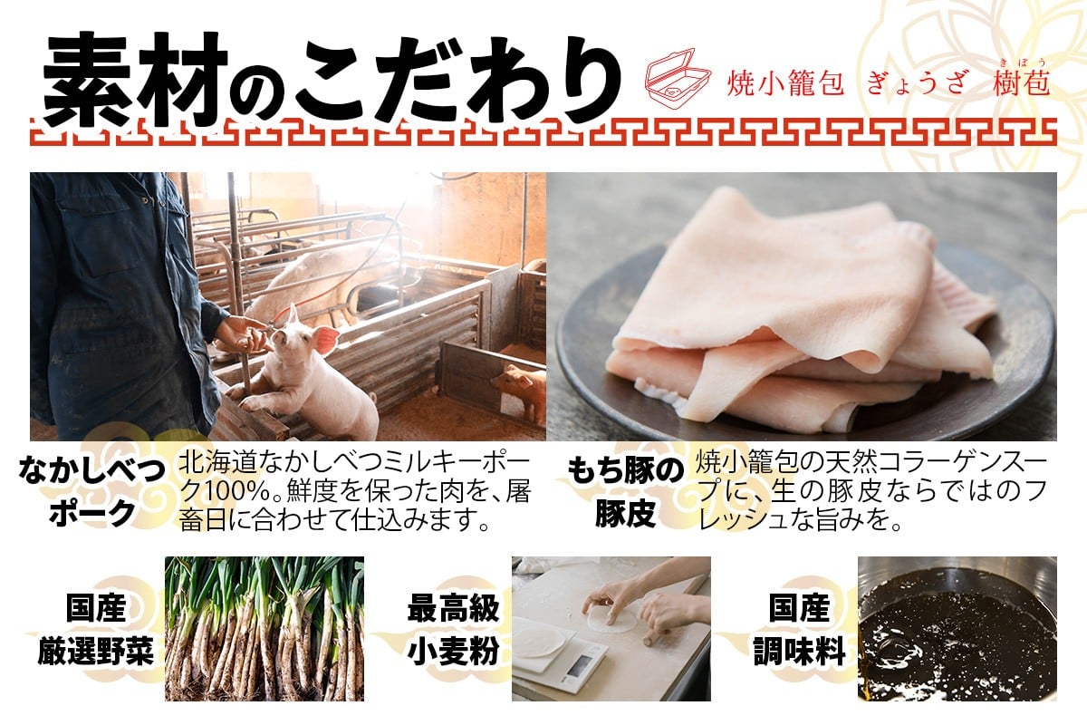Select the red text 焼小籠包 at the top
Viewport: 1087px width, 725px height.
[x=784, y=83]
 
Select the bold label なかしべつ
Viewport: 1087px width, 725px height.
[x=91, y=471]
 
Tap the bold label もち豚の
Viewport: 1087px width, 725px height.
[x=625, y=470]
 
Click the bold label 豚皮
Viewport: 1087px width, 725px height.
[x=626, y=513]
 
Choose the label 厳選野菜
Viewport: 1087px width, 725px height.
[x=96, y=652]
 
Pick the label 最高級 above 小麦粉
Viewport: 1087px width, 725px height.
[x=453, y=608]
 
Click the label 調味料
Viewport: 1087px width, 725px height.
[x=799, y=652]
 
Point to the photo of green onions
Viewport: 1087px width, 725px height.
[x=264, y=628]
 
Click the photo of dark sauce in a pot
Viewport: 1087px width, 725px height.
[x=957, y=628]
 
